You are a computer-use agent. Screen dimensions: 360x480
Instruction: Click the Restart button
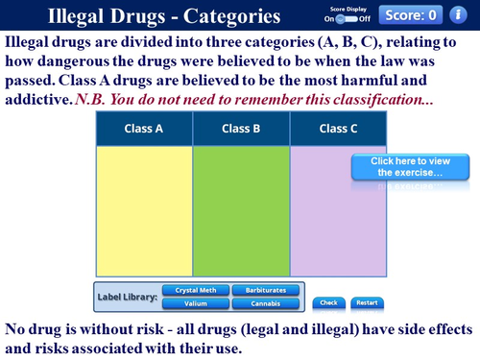[366, 302]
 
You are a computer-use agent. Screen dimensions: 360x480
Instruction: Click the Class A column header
[144, 129]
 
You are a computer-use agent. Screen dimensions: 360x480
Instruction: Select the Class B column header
[241, 129]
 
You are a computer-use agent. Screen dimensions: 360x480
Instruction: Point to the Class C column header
[338, 129]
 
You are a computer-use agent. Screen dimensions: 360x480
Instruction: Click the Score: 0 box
[410, 14]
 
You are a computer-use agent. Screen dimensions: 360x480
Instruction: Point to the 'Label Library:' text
[128, 297]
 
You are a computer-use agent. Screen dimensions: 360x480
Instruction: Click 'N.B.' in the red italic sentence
[90, 99]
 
